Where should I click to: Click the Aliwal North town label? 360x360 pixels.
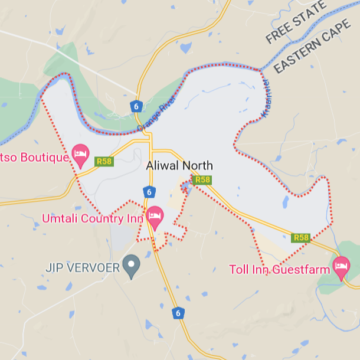pos(179,166)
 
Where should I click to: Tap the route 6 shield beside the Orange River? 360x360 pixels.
pos(137,106)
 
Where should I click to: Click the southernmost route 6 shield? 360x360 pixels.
pos(177,313)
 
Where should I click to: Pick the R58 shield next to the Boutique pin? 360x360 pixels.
pos(104,161)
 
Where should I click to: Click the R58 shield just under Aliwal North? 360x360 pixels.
pos(202,179)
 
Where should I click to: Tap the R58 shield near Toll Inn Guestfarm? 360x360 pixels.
pos(301,238)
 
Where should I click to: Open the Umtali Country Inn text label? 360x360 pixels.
pos(93,218)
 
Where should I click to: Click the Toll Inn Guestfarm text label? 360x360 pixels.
pos(279,270)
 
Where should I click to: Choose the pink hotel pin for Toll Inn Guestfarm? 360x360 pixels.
pos(341,266)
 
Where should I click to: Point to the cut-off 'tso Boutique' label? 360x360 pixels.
pos(32,158)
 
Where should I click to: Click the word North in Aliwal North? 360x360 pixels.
pos(197,166)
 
